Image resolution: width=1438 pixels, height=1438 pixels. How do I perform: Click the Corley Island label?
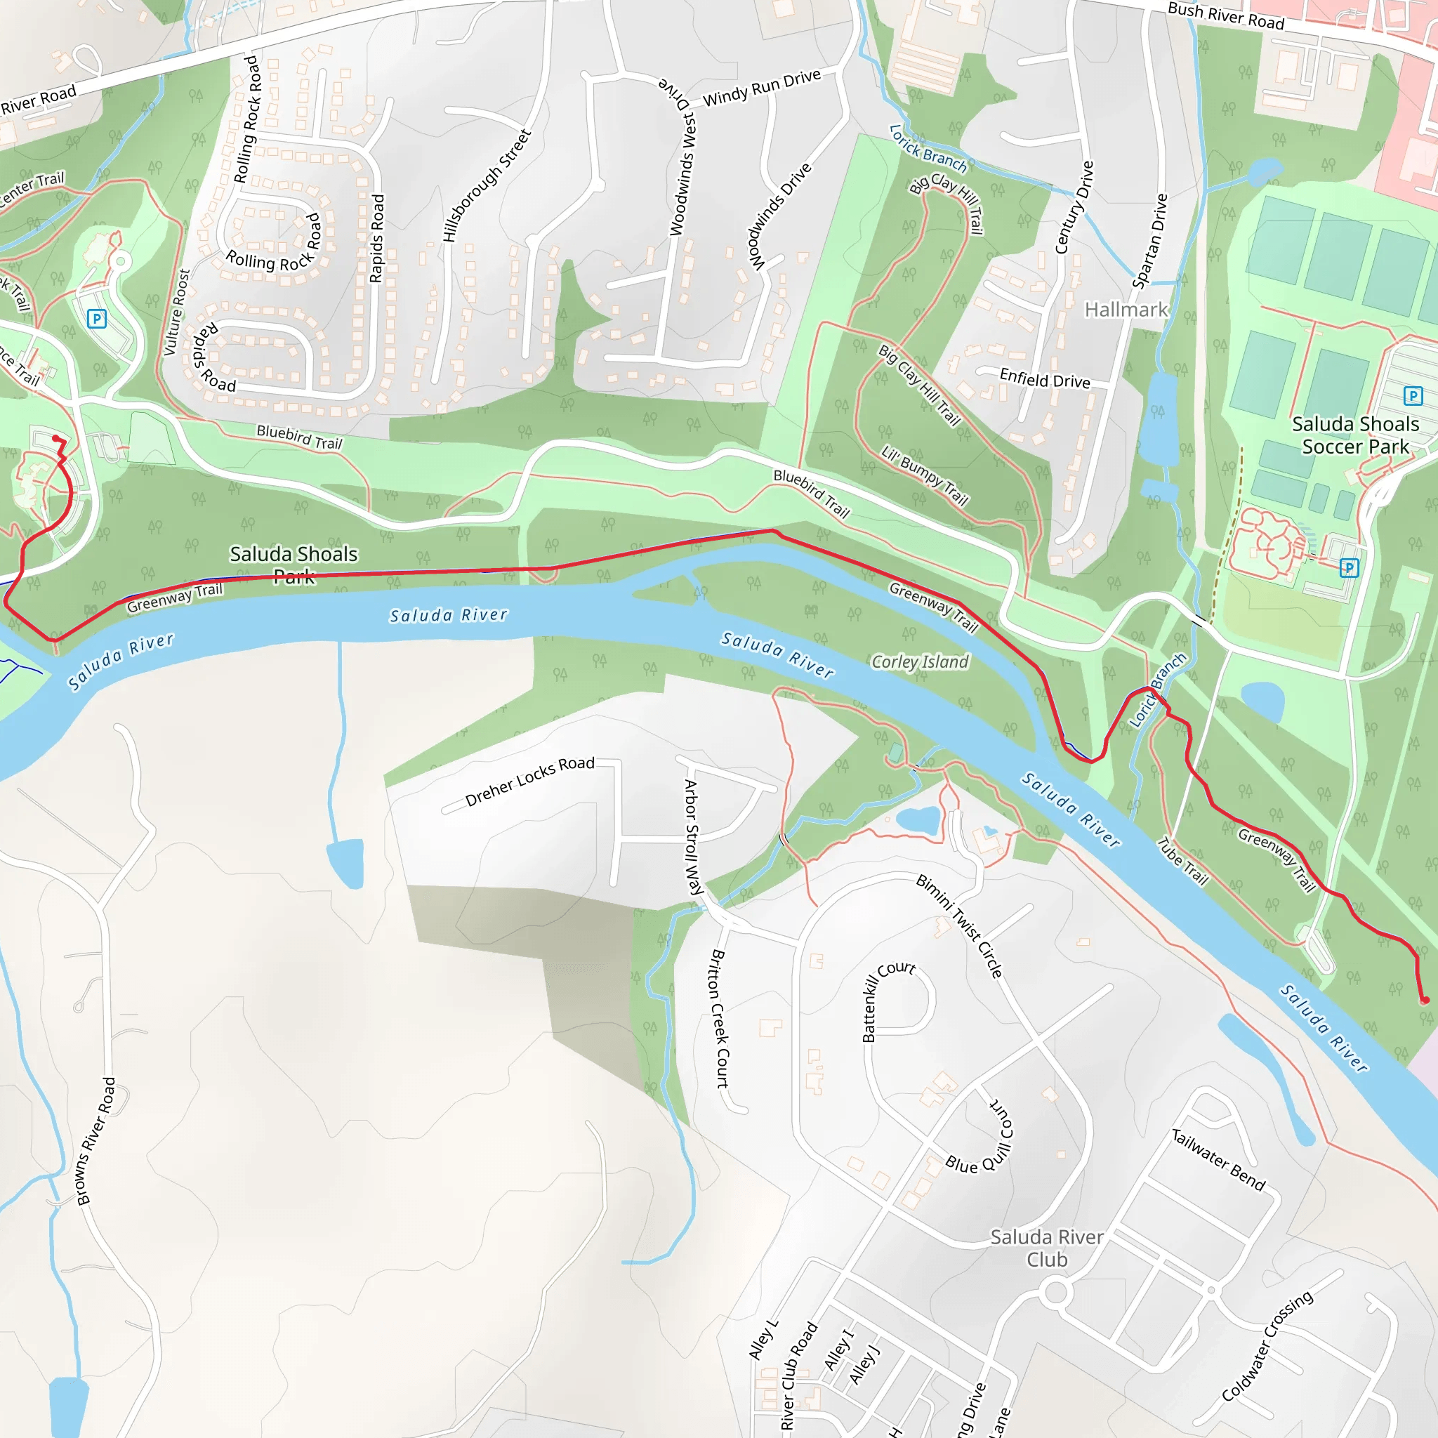pyautogui.click(x=920, y=661)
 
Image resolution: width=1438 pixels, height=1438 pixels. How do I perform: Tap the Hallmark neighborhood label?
pyautogui.click(x=1126, y=310)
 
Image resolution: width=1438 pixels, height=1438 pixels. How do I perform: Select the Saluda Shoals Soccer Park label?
pyautogui.click(x=1355, y=435)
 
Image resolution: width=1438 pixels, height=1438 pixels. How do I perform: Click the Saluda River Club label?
pyautogui.click(x=1046, y=1248)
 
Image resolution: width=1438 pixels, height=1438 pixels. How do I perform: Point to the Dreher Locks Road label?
pyautogui.click(x=529, y=781)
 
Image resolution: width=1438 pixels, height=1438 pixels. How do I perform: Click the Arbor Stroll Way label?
pyautogui.click(x=693, y=836)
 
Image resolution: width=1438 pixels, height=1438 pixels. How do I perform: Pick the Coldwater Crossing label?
pyautogui.click(x=1267, y=1346)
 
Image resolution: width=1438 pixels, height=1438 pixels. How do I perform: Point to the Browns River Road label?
pyautogui.click(x=96, y=1140)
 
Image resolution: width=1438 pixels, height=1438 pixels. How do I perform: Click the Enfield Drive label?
pyautogui.click(x=1044, y=380)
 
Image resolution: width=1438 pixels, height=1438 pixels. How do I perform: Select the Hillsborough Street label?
pyautogui.click(x=487, y=185)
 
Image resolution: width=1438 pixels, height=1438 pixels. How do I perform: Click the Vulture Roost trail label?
pyautogui.click(x=176, y=312)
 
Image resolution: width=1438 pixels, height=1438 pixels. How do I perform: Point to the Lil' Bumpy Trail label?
pyautogui.click(x=924, y=475)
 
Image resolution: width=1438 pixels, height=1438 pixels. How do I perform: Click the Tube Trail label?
pyautogui.click(x=1182, y=861)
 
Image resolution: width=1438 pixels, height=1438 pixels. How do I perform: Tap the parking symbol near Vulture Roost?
pyautogui.click(x=97, y=319)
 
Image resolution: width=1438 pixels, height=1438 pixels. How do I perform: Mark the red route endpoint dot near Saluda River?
pyautogui.click(x=1424, y=1001)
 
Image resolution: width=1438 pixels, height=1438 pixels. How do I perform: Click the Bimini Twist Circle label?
pyautogui.click(x=959, y=926)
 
